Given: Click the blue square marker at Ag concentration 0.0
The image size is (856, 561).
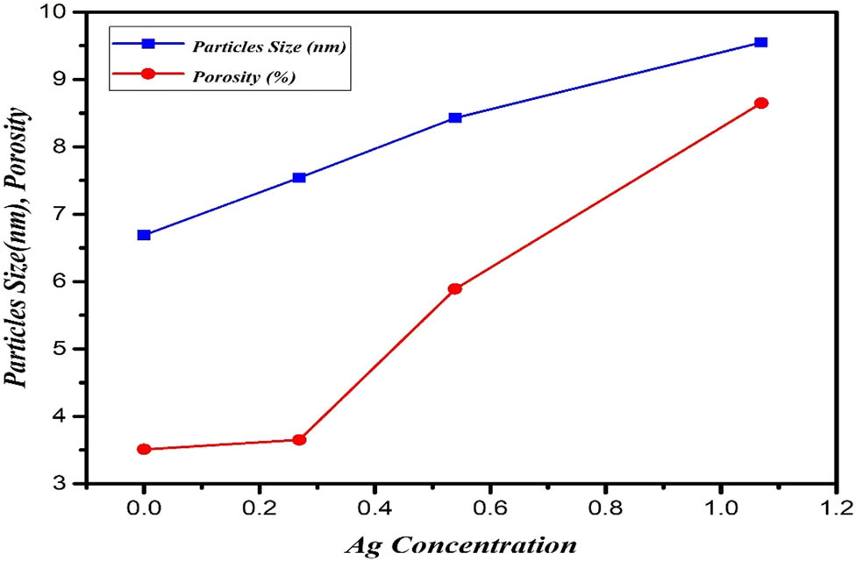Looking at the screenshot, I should [x=144, y=235].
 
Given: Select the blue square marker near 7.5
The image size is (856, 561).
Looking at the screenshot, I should [x=299, y=178].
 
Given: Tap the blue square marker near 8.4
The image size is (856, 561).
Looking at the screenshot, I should [x=454, y=117].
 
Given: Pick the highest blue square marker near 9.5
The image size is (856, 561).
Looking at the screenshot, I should [x=761, y=42].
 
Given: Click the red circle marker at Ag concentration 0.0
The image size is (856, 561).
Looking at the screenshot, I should [x=144, y=450].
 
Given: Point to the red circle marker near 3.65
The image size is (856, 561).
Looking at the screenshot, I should [x=299, y=440].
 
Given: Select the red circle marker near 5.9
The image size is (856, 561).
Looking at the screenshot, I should [x=454, y=288].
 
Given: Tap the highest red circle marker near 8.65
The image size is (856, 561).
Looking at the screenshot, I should [x=761, y=103].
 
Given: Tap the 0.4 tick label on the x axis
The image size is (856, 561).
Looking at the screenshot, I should [x=374, y=508].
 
